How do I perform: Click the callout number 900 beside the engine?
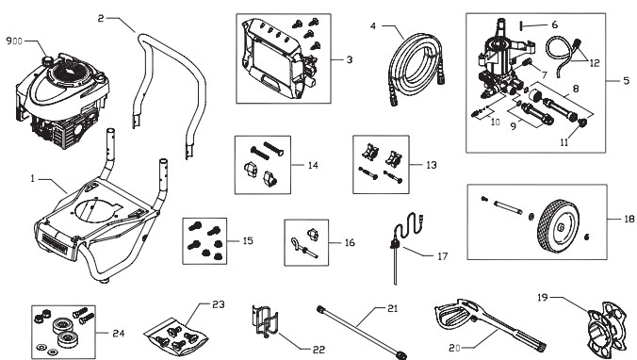point(15,42)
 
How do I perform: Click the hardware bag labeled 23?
point(176,327)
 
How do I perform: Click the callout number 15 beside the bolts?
point(248,241)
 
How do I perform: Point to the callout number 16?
point(350,242)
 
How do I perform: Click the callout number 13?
point(431,164)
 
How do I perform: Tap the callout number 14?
point(313,164)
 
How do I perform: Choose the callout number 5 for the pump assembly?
point(625,80)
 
